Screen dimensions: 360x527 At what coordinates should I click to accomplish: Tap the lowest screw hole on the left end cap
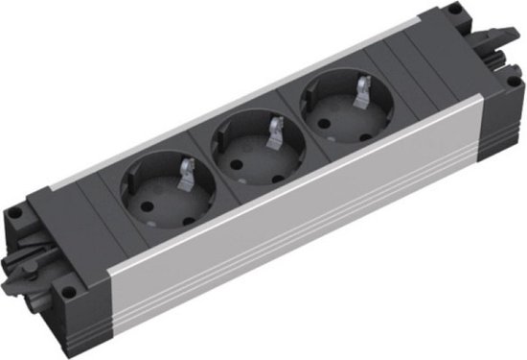click(67, 285)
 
